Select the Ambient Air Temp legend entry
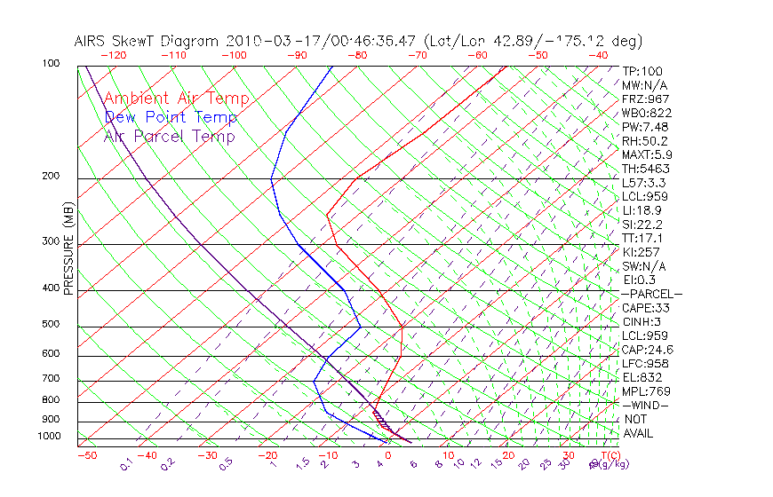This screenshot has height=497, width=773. coord(176,99)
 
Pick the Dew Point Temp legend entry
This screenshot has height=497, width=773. coord(171,117)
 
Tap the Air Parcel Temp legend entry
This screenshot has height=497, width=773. coord(169,136)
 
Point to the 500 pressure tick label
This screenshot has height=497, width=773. coord(51,324)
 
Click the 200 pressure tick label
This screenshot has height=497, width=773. coord(51,176)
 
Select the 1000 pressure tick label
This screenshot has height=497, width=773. coord(48,437)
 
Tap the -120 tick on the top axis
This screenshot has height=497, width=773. coord(113,55)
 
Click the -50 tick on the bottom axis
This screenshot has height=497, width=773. coord(86,455)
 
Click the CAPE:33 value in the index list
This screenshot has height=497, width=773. coord(645,308)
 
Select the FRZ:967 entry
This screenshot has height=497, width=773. coord(645,99)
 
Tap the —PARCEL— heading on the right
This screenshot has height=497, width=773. coord(651,294)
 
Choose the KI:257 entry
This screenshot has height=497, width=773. coord(642,252)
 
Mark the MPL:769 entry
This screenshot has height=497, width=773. coord(645,391)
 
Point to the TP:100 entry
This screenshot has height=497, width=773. coord(642,71)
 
